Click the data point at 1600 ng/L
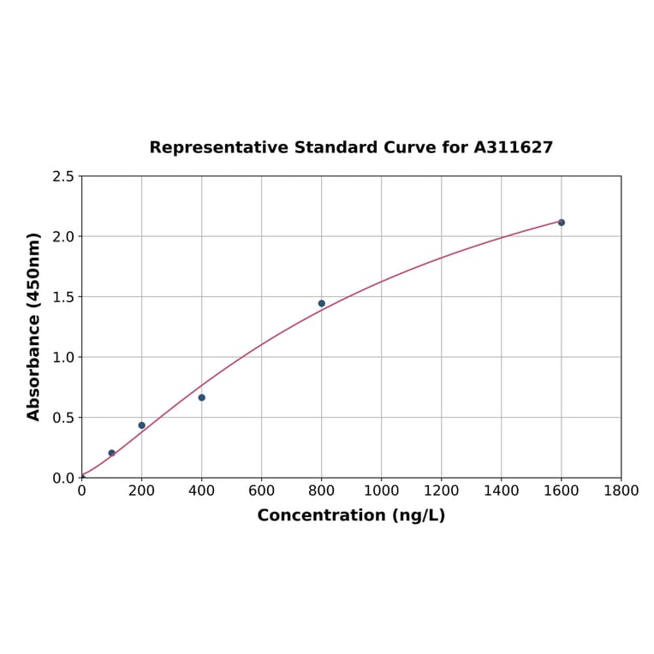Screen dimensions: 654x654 pos(562,223)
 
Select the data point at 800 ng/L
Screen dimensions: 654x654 pos(322,303)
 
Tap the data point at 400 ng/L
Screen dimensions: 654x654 pos(202,397)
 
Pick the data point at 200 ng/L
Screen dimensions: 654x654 pos(142,425)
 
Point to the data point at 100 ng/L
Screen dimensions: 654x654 pos(112,453)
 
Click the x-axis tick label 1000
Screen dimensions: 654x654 pos(382,490)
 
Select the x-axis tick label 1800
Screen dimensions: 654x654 pos(621,490)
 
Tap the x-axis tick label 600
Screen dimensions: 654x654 pos(262,490)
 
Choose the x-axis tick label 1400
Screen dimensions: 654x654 pos(502,490)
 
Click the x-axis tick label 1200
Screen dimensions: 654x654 pos(442,490)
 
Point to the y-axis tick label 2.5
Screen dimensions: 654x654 pos(63,176)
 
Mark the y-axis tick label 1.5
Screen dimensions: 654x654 pos(63,297)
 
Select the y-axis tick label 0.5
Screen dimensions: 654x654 pos(63,418)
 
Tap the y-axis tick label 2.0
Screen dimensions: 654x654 pos(63,236)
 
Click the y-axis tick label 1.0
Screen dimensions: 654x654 pos(63,357)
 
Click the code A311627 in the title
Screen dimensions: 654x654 pos(514,147)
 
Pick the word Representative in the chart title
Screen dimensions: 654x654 pos(218,148)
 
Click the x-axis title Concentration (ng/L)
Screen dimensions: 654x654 pos(351,515)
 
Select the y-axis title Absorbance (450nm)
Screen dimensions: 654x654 pos(34,326)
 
